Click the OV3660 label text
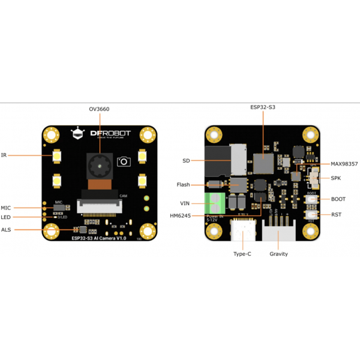99,109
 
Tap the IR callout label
4,154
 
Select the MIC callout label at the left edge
6,208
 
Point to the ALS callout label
6,229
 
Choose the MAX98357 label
344,163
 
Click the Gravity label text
278,254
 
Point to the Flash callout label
183,185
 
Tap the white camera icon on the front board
124,161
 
